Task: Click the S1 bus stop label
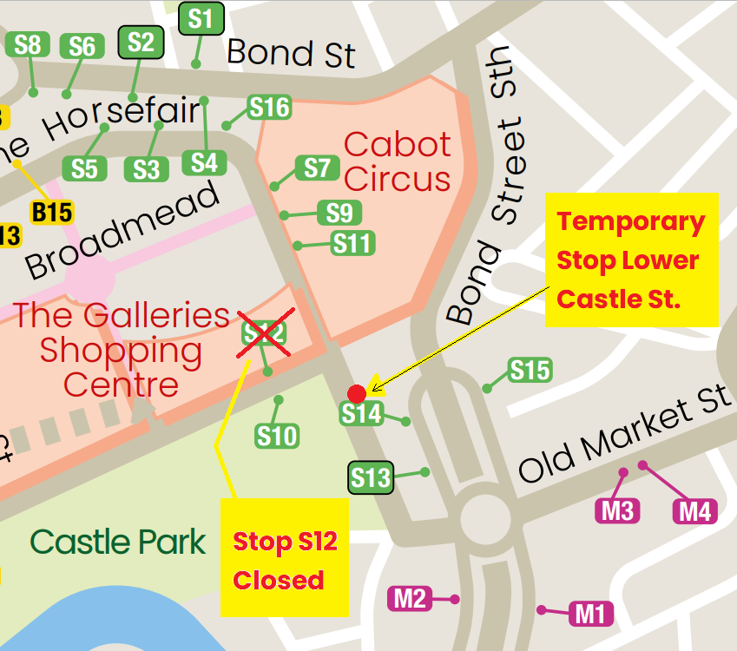(201, 18)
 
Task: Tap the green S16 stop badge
(268, 108)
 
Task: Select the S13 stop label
(371, 477)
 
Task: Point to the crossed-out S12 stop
(265, 332)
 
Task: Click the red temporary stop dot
(356, 393)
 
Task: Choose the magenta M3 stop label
(617, 510)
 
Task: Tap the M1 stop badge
(590, 615)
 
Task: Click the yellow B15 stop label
(51, 212)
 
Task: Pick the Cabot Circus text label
(398, 161)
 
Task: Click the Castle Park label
(118, 542)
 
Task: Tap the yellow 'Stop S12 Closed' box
(284, 557)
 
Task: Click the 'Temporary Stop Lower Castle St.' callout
(631, 260)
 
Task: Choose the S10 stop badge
(277, 436)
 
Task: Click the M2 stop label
(410, 598)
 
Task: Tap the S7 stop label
(318, 168)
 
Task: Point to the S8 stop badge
(28, 45)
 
